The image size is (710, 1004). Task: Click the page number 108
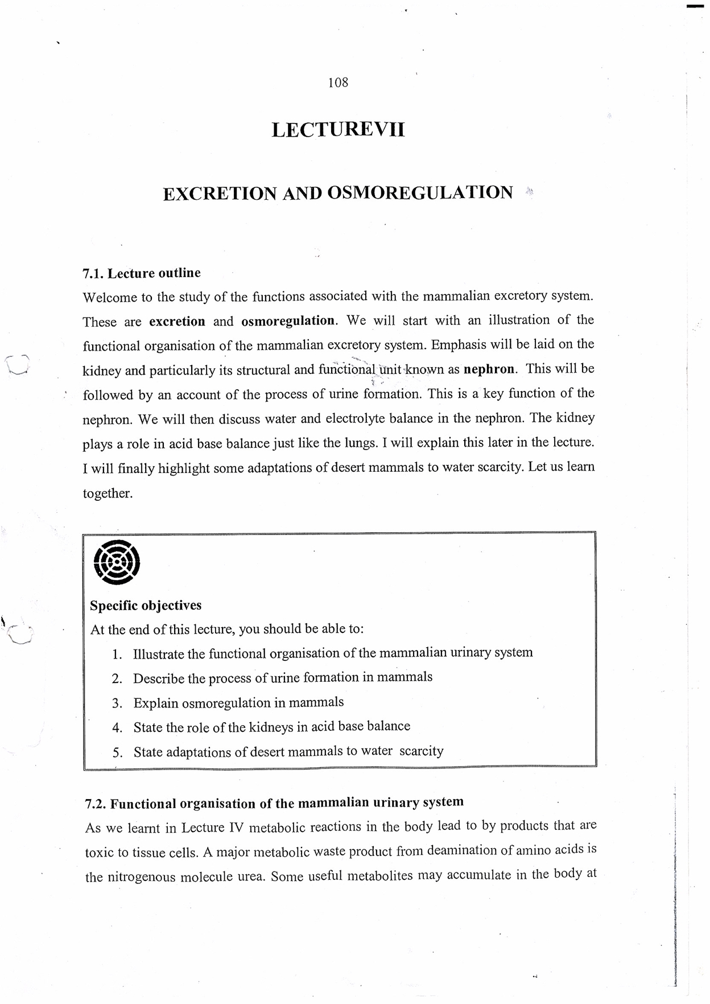coord(338,83)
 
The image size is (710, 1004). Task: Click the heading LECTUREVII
coord(338,130)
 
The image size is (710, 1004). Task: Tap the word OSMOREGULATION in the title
coord(420,192)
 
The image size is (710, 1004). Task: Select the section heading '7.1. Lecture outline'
coord(142,273)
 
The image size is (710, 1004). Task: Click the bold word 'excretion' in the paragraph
coord(177,322)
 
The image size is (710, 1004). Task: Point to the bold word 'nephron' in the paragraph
coord(489,369)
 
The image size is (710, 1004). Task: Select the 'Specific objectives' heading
coord(146,606)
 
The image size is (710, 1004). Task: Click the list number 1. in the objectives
coord(117,655)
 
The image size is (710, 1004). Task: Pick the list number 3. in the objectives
coord(117,703)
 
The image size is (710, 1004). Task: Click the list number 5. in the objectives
coord(117,753)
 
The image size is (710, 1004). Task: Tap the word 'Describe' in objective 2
coord(159,679)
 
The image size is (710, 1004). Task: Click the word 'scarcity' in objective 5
coord(421,751)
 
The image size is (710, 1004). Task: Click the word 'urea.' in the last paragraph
coord(250,877)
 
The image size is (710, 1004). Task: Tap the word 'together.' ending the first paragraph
coord(108,493)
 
